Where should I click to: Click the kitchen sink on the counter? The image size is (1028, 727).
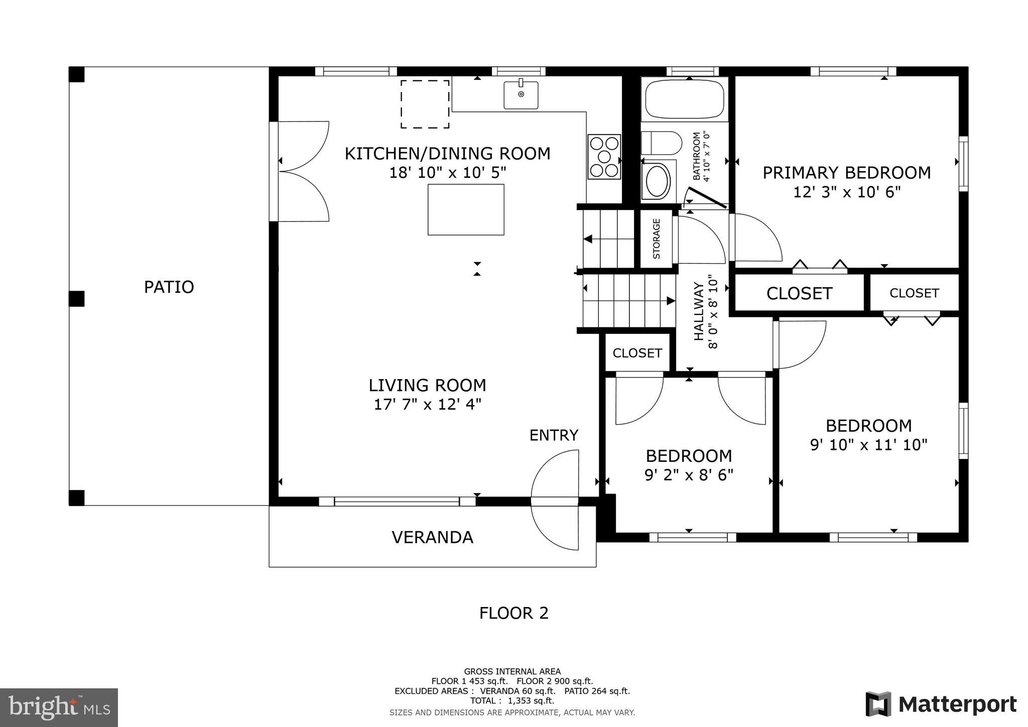521,95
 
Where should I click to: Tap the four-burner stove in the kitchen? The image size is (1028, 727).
604,157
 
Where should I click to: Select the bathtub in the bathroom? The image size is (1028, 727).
685,99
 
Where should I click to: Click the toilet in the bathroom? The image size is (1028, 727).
662,143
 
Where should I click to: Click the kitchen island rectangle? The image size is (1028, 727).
466,209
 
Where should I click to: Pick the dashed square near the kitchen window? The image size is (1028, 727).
425,104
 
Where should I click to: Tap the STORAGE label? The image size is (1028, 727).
657,239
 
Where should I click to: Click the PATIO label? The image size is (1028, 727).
169,287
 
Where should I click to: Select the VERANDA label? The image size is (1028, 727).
432,537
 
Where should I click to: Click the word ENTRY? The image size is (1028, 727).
554,435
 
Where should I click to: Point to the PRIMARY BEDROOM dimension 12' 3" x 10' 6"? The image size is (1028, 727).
847,192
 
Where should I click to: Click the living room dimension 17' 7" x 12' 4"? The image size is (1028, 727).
427,405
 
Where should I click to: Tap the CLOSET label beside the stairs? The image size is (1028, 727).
637,353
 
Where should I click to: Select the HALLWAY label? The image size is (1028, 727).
699,311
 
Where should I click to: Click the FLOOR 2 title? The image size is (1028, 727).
513,613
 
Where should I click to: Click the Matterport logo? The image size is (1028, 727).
941,704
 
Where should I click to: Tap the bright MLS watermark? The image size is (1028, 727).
59,708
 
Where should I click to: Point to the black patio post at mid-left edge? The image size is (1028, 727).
76,299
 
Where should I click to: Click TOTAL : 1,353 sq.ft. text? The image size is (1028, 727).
512,700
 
